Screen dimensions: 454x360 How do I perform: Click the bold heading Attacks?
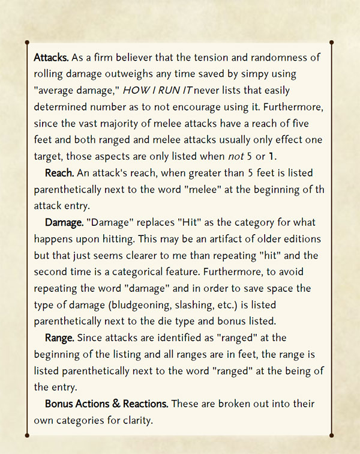[52, 58]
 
